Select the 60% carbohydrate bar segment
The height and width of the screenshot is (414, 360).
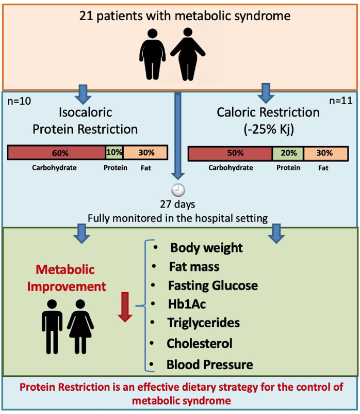click(56, 153)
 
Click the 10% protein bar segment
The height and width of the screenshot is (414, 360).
click(114, 153)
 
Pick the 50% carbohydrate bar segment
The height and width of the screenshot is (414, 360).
click(230, 154)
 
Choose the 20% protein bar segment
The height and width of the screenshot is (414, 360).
click(287, 154)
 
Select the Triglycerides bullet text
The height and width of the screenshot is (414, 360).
click(203, 323)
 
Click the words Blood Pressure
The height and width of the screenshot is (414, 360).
click(209, 364)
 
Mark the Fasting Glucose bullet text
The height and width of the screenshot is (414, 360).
click(212, 285)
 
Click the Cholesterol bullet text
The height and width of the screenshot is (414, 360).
click(200, 343)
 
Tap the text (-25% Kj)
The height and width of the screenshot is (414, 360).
click(268, 129)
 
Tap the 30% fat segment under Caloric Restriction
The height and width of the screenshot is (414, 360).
click(324, 154)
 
